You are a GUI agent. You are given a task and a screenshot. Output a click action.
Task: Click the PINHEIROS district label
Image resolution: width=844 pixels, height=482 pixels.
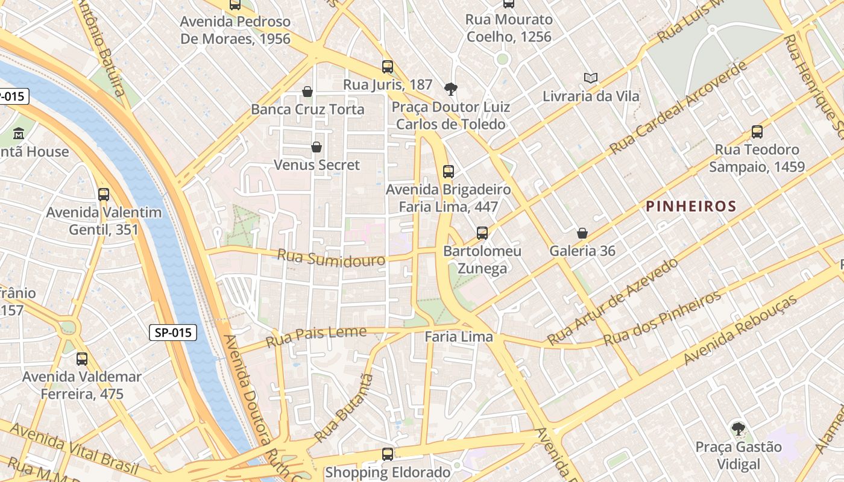pos(691,207)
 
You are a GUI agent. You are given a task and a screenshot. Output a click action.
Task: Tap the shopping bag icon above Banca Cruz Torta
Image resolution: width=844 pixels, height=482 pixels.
pos(307,92)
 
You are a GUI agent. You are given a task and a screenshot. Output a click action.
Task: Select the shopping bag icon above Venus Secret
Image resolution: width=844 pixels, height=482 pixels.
pos(316,147)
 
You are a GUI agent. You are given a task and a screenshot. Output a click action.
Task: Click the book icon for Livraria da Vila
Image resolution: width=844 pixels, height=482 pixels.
pos(591,78)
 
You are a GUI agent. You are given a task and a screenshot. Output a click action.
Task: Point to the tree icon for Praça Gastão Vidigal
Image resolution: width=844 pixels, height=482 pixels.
pos(738,429)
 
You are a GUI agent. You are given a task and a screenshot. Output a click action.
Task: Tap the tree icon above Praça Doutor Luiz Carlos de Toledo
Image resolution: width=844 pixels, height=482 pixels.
pos(450,89)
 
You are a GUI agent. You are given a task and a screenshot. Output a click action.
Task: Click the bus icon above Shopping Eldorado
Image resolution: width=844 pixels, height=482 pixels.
pos(388,454)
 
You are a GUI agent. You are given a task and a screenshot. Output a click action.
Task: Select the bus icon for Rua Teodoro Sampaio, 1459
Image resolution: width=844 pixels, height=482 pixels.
pos(757,131)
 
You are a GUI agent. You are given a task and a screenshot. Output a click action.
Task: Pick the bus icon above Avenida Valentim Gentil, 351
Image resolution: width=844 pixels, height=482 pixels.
pos(104,195)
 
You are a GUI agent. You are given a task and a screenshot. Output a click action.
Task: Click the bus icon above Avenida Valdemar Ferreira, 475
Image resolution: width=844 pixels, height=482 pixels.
pos(82,359)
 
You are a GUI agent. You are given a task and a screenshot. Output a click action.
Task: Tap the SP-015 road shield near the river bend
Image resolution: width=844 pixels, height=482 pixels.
pos(173,332)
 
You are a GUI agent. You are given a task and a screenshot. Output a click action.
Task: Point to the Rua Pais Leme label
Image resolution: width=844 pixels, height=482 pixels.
pos(316,336)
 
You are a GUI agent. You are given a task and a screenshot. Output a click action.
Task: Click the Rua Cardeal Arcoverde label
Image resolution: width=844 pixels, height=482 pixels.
pos(678,107)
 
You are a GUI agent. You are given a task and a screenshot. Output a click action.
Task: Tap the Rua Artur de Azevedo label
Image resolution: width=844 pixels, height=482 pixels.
pos(613,301)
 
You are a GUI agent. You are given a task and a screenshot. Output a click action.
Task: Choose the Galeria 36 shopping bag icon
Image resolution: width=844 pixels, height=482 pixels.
pos(582,233)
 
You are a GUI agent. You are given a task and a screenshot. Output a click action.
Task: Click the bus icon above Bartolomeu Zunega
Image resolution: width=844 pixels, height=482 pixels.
pos(482,233)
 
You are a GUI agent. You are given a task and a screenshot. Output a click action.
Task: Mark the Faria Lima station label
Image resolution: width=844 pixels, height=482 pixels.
pos(459,337)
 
